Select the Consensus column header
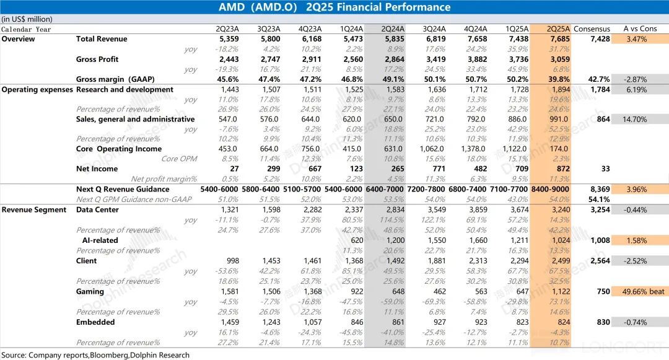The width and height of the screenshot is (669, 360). (592, 29)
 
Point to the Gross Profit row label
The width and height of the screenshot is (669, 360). (97, 59)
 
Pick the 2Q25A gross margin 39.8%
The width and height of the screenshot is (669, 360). (559, 79)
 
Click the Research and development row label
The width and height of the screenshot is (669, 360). (125, 89)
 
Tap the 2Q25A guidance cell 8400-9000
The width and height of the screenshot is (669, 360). (551, 189)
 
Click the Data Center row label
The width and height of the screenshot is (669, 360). (97, 209)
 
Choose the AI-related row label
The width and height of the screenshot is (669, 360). (100, 240)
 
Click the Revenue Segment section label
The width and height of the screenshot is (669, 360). (34, 209)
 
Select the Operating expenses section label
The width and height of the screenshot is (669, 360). (37, 89)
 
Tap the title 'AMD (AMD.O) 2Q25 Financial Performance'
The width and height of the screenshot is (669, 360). (334, 7)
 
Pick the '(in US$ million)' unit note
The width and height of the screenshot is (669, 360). (27, 19)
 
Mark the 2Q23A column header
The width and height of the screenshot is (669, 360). (227, 29)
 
